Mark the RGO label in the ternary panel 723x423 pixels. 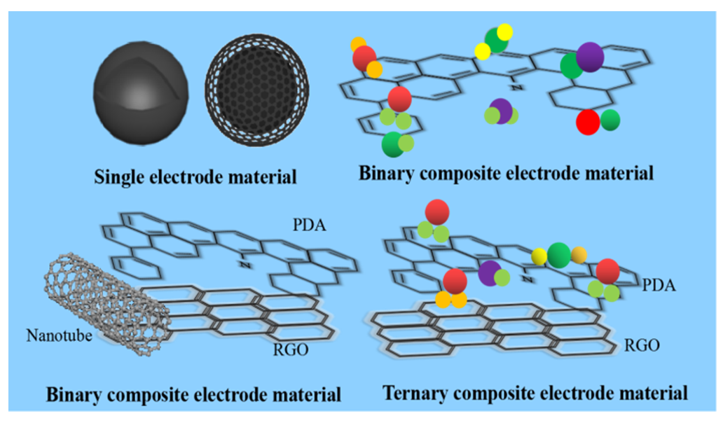click(x=640, y=345)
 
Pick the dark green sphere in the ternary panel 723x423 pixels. click(x=558, y=254)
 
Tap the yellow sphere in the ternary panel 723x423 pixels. click(x=539, y=256)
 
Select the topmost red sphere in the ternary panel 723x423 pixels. click(x=438, y=211)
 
